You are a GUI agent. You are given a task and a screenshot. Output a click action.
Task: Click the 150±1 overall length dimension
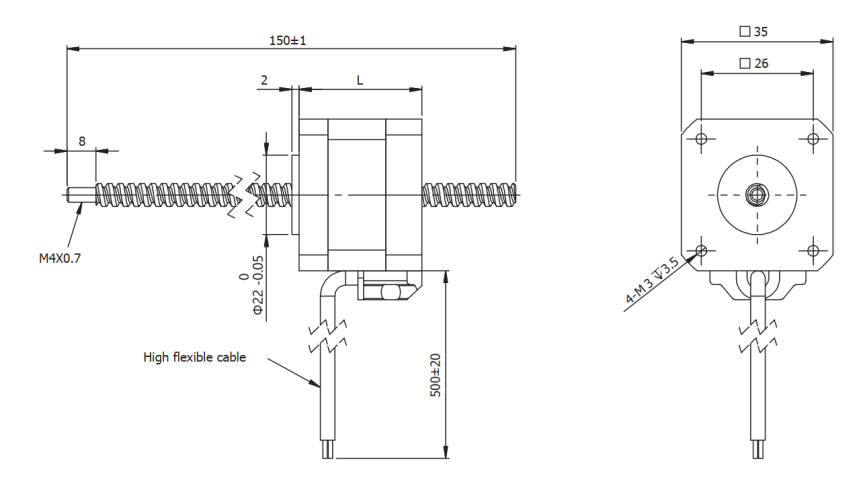[x=290, y=40]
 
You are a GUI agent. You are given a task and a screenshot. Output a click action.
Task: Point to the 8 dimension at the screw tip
[x=81, y=141]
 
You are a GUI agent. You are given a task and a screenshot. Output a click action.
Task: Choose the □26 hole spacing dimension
[x=755, y=64]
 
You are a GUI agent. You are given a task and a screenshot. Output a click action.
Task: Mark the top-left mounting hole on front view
[x=701, y=137]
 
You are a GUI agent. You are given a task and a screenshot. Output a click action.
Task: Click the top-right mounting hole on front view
[x=813, y=137]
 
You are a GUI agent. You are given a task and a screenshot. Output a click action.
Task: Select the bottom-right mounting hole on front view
[x=813, y=249]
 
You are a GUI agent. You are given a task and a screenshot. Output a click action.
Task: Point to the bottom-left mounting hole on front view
[x=701, y=249]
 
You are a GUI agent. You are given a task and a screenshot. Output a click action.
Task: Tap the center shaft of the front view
[x=757, y=193]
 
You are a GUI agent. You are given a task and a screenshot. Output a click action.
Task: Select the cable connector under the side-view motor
[x=384, y=291]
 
